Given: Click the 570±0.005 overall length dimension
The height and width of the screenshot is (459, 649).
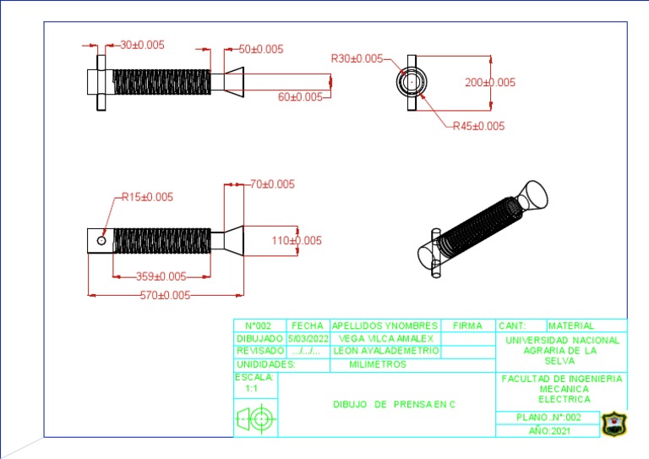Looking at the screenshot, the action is tap(165, 295).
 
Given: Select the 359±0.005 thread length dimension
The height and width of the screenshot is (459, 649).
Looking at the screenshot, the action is tap(161, 276).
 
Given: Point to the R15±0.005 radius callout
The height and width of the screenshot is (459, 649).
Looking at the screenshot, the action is tap(147, 197).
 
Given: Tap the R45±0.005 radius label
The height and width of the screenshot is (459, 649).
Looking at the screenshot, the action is tap(478, 126).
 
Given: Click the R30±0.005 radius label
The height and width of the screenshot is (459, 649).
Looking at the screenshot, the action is tap(357, 58).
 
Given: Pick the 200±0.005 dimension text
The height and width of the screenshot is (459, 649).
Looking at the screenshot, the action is tap(490, 82).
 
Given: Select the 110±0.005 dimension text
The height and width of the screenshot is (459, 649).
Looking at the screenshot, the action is tap(297, 240).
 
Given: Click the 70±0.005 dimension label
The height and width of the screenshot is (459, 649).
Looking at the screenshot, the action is tap(272, 184).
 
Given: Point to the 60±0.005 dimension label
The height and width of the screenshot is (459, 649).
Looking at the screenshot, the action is tap(300, 97).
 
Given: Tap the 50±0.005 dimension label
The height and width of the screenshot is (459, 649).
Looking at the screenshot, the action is tap(261, 49).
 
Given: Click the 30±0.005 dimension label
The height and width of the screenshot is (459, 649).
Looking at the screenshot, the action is tap(142, 45).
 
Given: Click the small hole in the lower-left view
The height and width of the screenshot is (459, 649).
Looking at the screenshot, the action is tap(101, 240).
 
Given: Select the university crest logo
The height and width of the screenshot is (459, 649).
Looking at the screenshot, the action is tap(614, 423).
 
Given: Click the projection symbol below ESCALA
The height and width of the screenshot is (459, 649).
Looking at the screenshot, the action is tap(256, 419).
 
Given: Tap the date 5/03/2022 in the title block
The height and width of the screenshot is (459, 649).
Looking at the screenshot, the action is tap(308, 339).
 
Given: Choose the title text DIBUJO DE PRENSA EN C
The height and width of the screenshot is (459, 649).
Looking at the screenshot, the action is tap(394, 404).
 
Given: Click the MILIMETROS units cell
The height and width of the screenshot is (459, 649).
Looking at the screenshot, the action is tap(378, 364).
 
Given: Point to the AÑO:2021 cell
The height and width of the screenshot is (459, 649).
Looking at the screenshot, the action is tap(549, 431).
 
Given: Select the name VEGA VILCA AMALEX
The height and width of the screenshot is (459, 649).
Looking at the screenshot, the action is tap(385, 339).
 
